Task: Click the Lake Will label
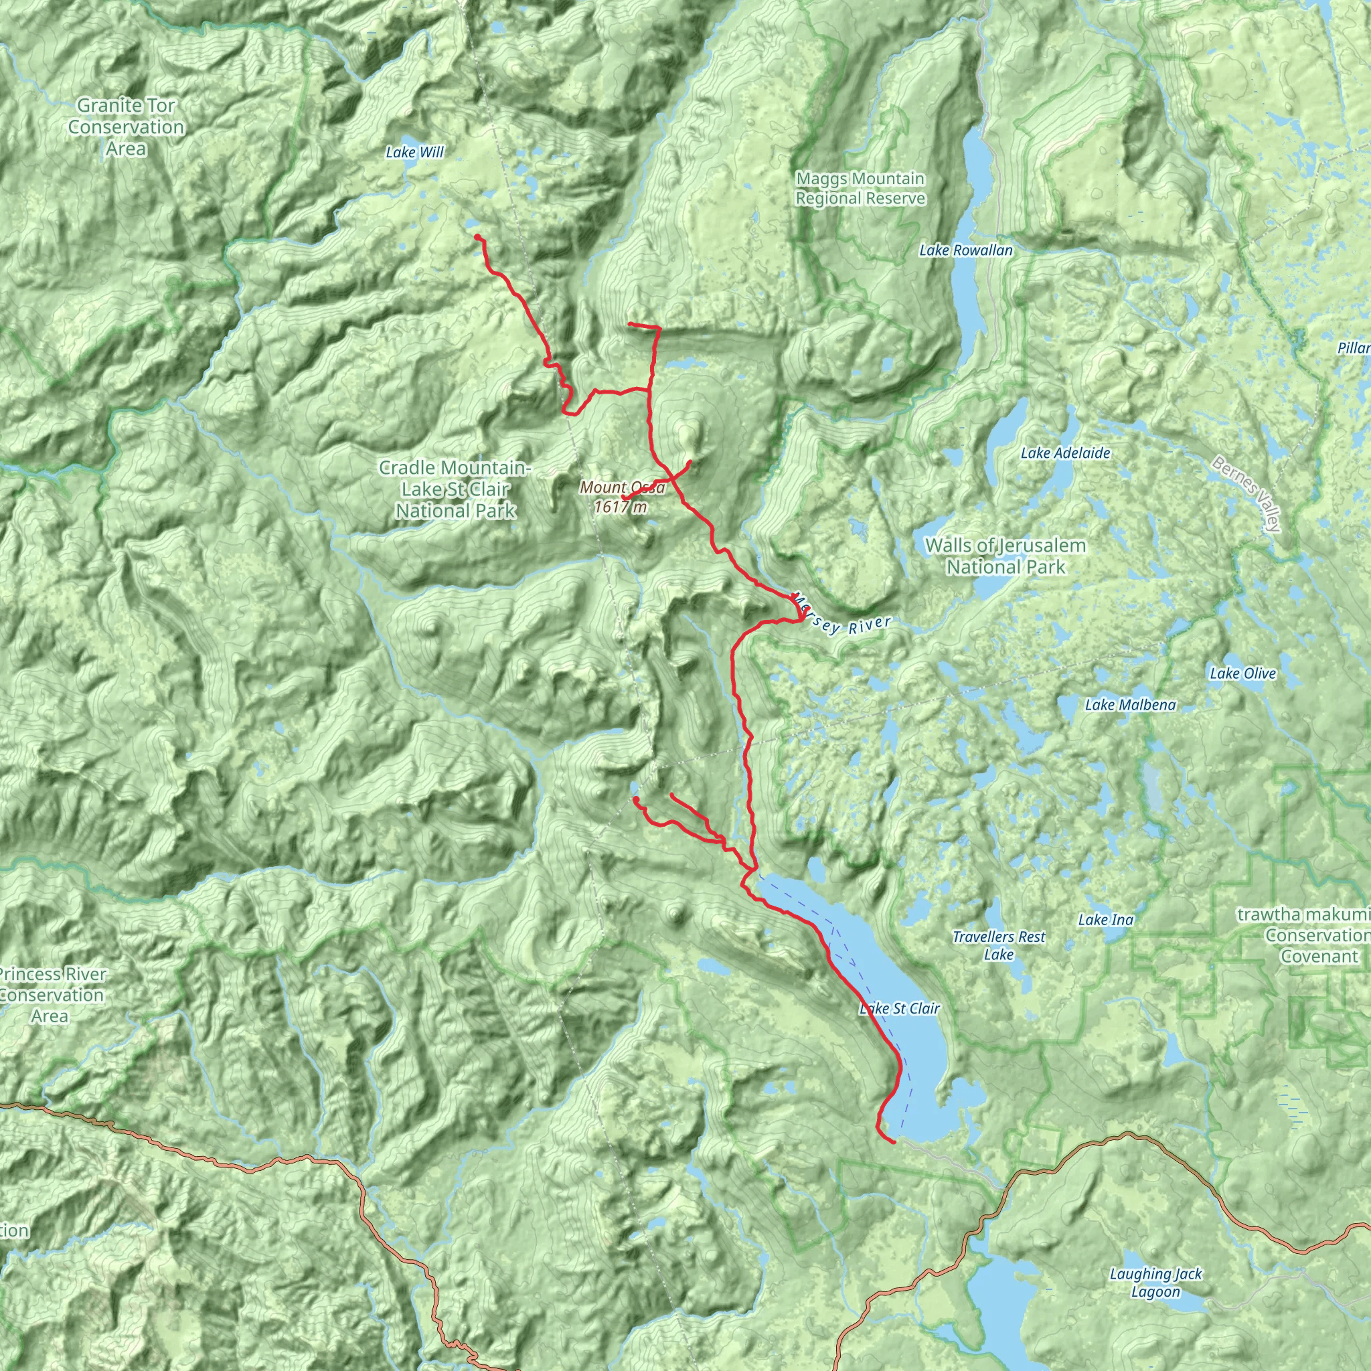(x=414, y=152)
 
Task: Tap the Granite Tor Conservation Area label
(x=127, y=127)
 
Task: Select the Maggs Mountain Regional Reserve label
(x=860, y=188)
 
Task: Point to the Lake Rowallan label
(x=965, y=250)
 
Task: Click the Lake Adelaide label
(x=1064, y=453)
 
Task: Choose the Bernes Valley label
(x=1246, y=493)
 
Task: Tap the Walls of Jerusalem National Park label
(x=1005, y=556)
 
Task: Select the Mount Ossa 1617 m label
(x=622, y=497)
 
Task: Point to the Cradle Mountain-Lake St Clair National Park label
(x=455, y=488)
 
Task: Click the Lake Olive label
(x=1242, y=673)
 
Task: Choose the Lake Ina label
(x=1106, y=920)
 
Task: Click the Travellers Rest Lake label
(x=998, y=946)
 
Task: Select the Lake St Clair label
(x=899, y=1008)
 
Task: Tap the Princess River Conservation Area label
(x=51, y=994)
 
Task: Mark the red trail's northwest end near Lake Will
(x=477, y=236)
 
